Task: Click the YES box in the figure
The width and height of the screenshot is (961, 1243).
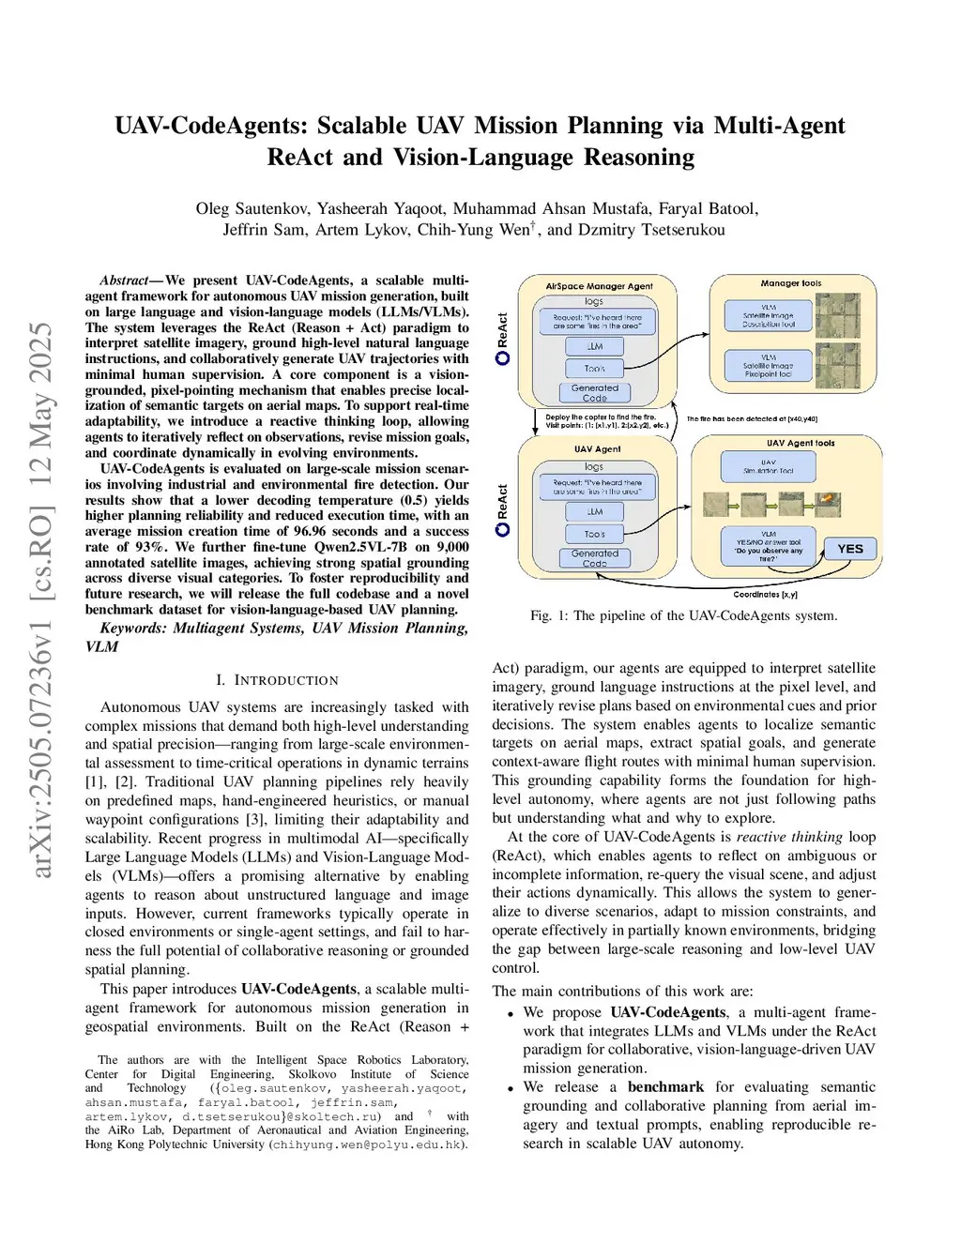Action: tap(849, 549)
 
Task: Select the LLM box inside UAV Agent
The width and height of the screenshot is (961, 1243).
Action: tap(595, 511)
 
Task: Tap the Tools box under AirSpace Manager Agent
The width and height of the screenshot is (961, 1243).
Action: tap(595, 369)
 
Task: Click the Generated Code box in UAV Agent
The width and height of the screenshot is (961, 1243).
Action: tap(595, 558)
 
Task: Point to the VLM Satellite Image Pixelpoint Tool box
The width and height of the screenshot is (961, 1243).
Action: tap(769, 366)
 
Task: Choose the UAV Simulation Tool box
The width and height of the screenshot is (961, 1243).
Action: tap(769, 466)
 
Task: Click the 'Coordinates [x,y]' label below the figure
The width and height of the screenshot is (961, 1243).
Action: tap(765, 594)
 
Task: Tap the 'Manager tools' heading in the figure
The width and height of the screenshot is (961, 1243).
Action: tap(790, 282)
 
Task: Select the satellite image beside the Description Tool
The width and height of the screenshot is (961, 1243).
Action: tap(837, 315)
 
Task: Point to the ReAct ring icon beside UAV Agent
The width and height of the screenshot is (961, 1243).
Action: tap(502, 529)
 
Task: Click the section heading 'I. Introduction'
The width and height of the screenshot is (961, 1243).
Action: tap(277, 680)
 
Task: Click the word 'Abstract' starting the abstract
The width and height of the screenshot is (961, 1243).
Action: tap(124, 280)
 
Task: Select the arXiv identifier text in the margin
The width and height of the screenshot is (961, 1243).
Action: tap(41, 600)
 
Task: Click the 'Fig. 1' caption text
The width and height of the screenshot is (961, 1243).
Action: tap(683, 615)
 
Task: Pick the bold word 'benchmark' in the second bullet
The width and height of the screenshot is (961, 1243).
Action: tap(665, 1086)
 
